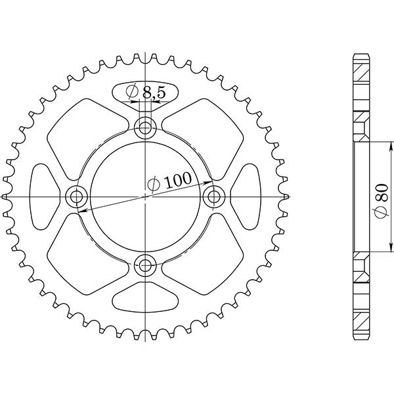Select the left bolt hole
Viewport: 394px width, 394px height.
pos(76,196)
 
